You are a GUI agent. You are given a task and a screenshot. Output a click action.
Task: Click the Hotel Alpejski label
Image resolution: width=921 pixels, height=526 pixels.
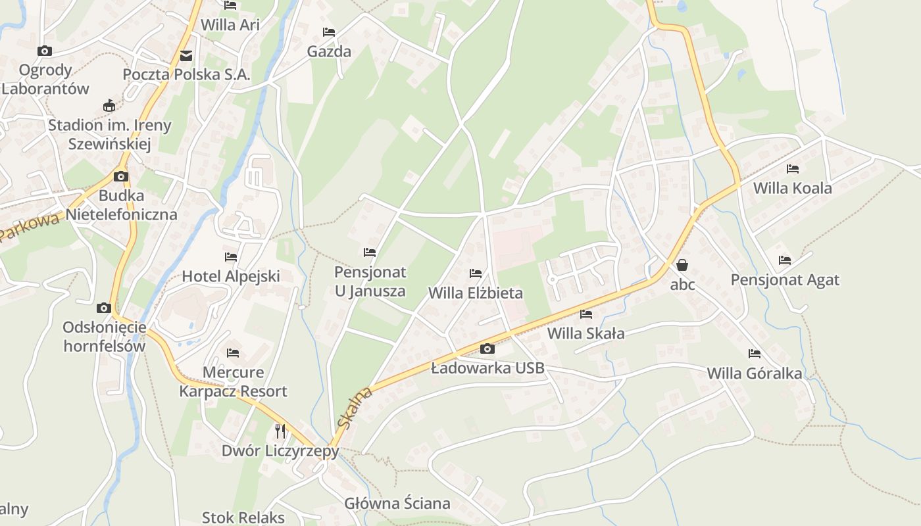[x=231, y=276]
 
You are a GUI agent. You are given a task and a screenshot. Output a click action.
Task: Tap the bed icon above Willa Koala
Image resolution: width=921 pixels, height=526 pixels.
[x=793, y=169]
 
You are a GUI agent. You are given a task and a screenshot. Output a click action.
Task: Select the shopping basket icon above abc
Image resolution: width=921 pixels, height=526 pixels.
[x=682, y=265]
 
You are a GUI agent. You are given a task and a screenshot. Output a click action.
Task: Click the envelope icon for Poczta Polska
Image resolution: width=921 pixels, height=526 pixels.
[x=186, y=56]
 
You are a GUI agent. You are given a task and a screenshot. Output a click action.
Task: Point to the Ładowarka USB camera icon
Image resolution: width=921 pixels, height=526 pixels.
[x=487, y=348]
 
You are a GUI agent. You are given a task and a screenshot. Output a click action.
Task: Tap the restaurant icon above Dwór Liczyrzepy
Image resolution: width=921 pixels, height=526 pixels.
[x=280, y=431]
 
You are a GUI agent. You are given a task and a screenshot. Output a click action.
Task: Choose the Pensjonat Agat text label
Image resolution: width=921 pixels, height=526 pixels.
[x=785, y=280]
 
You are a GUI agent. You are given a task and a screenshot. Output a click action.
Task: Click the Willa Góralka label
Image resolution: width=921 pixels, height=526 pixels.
[x=755, y=373]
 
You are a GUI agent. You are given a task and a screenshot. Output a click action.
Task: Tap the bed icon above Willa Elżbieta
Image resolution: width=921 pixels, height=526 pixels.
[x=476, y=274]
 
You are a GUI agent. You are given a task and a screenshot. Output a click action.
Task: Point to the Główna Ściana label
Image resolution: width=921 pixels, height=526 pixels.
[x=397, y=504]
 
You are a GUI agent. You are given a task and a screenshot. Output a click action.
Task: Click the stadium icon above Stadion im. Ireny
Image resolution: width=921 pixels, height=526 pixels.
[x=109, y=106]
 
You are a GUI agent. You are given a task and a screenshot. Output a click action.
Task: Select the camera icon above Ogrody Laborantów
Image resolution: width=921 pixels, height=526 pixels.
[x=45, y=51]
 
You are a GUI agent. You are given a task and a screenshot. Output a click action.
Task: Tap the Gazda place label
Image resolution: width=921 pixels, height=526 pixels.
[x=329, y=51]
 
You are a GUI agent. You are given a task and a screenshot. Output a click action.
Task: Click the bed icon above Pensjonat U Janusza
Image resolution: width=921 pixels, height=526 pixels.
[x=370, y=252]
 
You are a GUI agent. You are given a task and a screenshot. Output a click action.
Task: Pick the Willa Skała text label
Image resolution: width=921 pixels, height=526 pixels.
[x=586, y=333]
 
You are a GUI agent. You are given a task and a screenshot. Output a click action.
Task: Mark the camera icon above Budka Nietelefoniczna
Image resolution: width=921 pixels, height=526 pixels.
[x=120, y=176]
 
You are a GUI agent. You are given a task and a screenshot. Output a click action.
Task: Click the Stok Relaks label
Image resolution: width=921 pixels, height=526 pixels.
[x=243, y=517]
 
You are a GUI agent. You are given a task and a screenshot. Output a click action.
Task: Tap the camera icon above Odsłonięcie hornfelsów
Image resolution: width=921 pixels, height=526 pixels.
[x=103, y=308]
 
